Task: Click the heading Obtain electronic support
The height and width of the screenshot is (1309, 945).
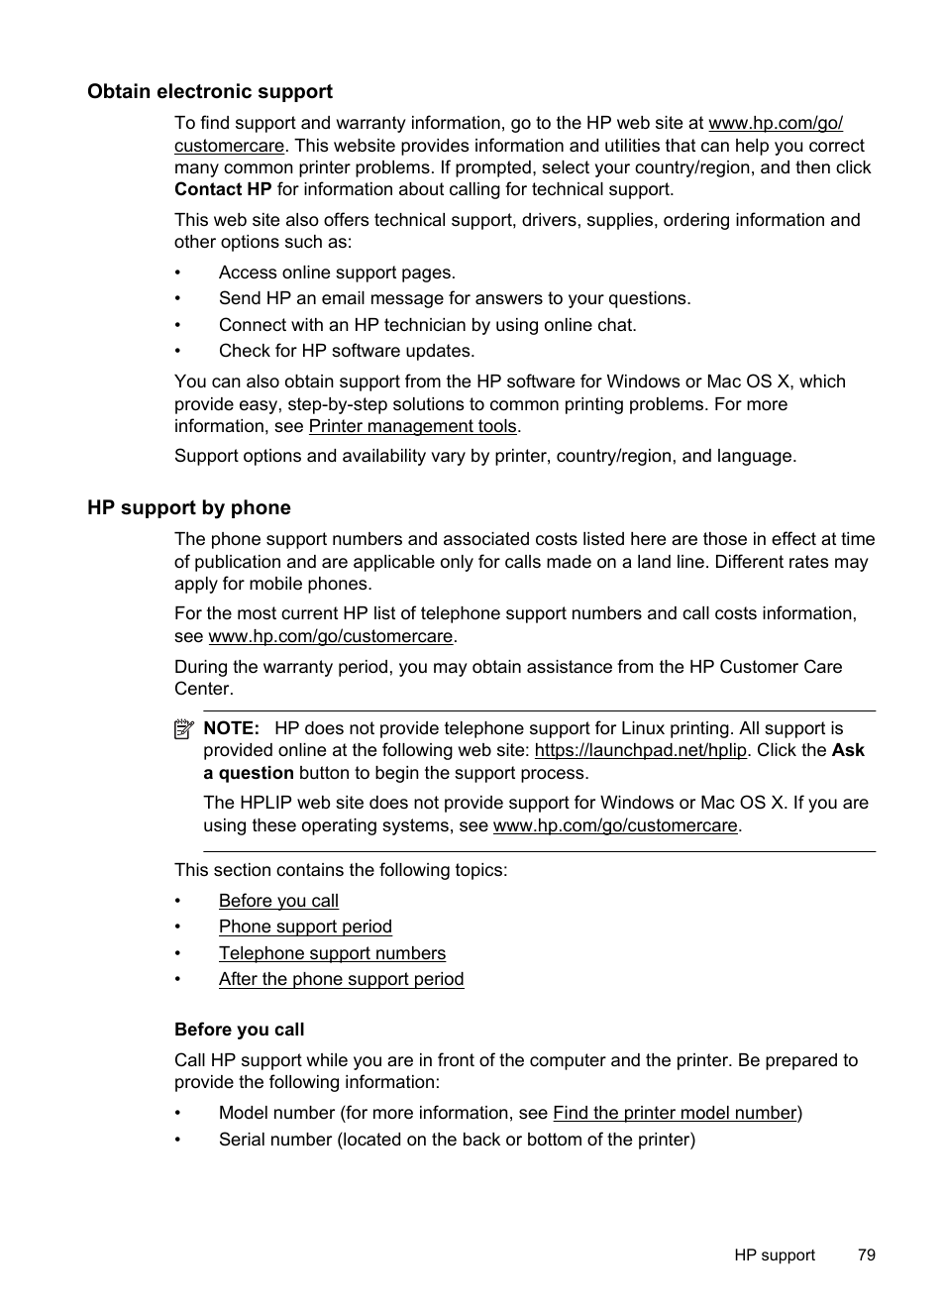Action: coord(209,92)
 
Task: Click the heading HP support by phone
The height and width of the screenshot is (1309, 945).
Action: coord(188,508)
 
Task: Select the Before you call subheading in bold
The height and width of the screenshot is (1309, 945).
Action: coord(239,1030)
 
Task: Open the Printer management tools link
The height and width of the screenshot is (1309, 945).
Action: coord(412,426)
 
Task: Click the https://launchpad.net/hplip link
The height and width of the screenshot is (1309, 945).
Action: coord(640,750)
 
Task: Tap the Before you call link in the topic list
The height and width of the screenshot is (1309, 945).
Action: coord(278,901)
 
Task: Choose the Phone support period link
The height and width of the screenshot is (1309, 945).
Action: coord(305,927)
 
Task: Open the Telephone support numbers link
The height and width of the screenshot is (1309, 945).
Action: coord(332,953)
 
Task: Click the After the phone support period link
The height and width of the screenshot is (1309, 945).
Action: coord(341,979)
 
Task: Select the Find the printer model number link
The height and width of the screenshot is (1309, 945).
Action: coord(675,1113)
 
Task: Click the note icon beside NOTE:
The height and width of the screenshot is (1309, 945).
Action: coord(183,729)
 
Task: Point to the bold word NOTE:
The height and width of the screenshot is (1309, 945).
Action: coord(231,728)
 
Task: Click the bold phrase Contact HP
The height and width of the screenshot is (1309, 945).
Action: coord(222,189)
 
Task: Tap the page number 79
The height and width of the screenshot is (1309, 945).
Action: coord(866,1254)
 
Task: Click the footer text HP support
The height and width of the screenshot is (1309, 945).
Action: coord(774,1254)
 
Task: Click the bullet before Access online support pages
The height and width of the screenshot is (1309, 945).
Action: coord(178,273)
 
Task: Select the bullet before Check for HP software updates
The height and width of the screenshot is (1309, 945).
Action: coord(178,351)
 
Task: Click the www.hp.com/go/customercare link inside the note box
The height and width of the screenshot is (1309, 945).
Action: coord(615,825)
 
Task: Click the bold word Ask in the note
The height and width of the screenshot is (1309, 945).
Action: coord(848,750)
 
